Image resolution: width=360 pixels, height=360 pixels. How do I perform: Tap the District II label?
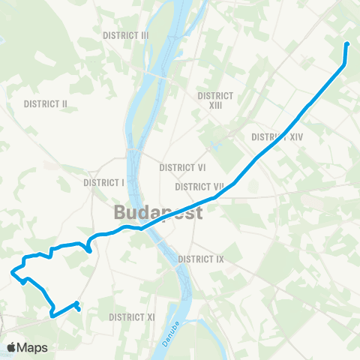[x=46, y=103]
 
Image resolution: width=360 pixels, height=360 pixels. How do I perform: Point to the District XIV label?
[x=277, y=137]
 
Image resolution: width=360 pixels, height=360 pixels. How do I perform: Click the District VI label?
[x=182, y=168]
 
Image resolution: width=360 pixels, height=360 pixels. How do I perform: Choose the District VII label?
[x=199, y=186]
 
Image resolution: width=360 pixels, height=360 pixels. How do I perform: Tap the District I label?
[x=103, y=182]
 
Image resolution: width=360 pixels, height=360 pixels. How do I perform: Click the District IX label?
[x=201, y=259]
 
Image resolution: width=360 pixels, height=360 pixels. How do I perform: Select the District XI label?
[x=131, y=317]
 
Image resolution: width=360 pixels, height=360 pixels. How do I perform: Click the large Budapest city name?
[x=159, y=212]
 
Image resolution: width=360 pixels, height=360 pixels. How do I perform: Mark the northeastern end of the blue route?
[x=347, y=43]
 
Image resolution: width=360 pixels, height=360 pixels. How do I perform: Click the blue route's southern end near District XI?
[x=79, y=309]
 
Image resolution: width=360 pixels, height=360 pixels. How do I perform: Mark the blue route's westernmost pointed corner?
[x=11, y=272]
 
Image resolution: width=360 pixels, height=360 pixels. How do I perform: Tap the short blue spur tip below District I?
[x=90, y=252]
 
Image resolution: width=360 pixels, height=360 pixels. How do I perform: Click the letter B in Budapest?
[x=121, y=212]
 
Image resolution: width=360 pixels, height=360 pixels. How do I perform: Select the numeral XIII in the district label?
[x=215, y=105]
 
